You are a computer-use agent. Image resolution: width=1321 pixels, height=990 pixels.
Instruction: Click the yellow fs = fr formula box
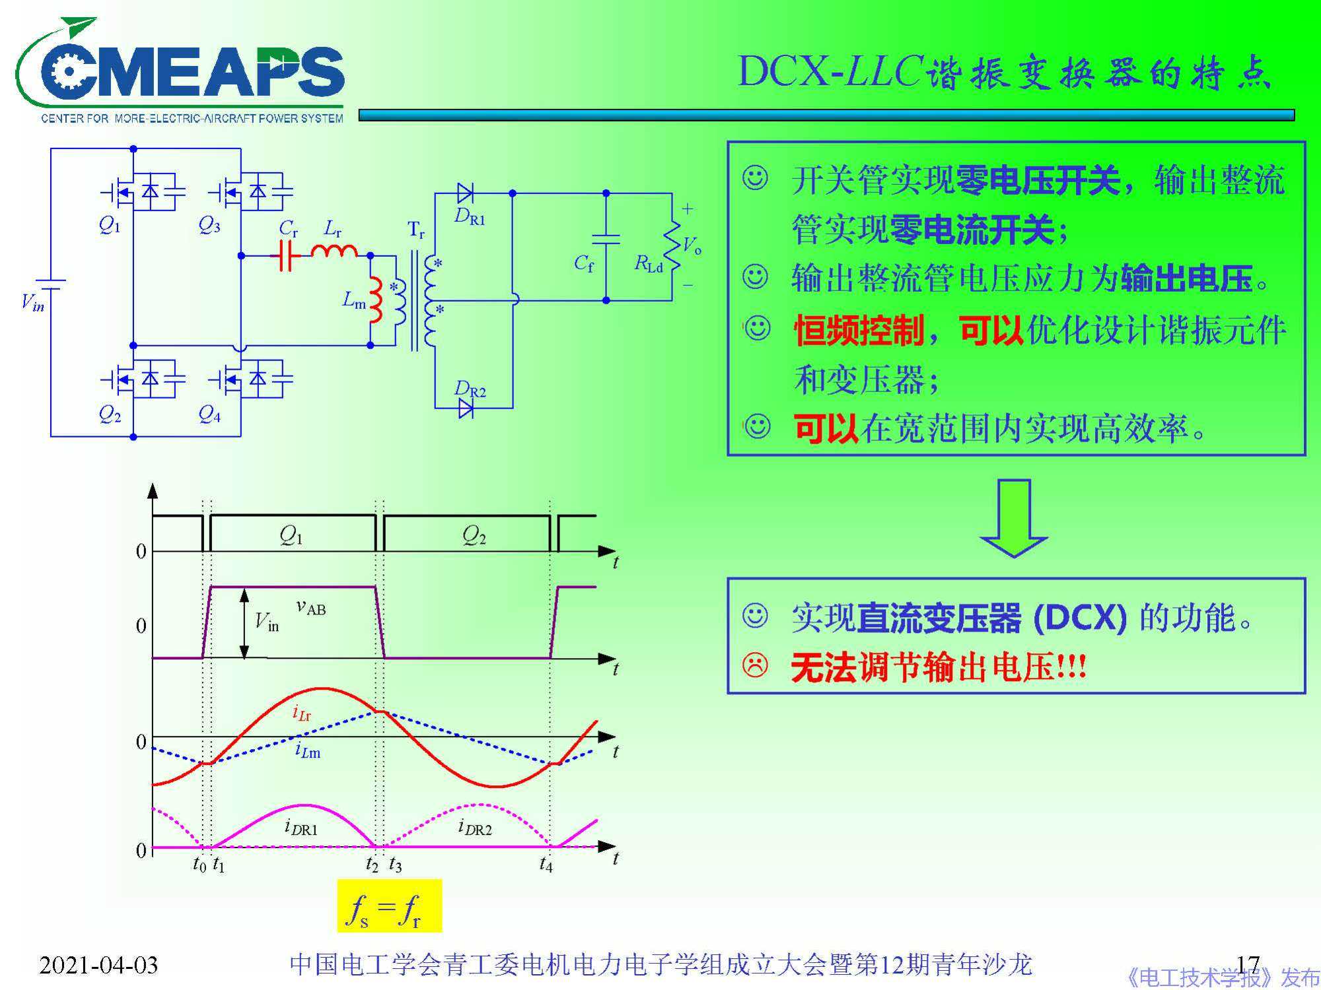point(389,905)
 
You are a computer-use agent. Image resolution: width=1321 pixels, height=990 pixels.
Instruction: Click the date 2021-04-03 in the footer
point(98,965)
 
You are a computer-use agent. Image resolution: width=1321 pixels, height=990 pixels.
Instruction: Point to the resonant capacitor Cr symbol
point(286,255)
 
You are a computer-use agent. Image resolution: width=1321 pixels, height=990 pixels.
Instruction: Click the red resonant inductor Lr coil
point(334,251)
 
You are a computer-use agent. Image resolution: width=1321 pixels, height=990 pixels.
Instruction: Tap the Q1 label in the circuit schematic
point(110,226)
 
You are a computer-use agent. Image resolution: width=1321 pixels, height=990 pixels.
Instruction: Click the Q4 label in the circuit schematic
point(209,414)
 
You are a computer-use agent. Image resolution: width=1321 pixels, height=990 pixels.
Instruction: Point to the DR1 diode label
point(470,216)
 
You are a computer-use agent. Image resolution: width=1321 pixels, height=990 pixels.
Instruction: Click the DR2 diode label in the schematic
point(470,389)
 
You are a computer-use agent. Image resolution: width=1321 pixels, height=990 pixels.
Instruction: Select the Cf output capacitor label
point(584,264)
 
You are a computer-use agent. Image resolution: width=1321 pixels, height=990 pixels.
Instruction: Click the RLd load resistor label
point(649,264)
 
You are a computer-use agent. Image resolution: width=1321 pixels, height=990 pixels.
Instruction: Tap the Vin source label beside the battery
point(32,303)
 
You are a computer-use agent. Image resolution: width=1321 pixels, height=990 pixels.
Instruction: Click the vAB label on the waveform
point(311,607)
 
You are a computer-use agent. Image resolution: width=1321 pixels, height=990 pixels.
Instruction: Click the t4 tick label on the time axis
point(546,863)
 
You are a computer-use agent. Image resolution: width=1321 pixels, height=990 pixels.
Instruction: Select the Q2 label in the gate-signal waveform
point(474,535)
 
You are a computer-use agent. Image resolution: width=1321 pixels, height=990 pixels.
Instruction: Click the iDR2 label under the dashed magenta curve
point(475,827)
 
